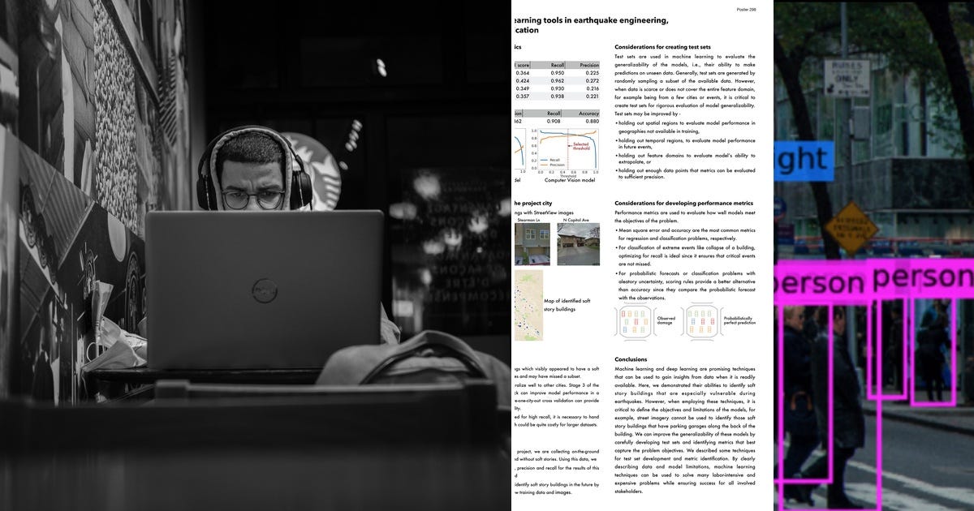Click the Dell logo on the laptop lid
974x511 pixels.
pyautogui.click(x=265, y=290)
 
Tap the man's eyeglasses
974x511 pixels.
pyautogui.click(x=252, y=199)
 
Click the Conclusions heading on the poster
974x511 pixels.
pyautogui.click(x=631, y=359)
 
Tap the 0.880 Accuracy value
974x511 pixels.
pyautogui.click(x=588, y=122)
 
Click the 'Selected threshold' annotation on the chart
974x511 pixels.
pyautogui.click(x=581, y=146)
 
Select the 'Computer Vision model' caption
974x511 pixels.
pyautogui.click(x=570, y=180)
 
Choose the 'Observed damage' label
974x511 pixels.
pyautogui.click(x=665, y=321)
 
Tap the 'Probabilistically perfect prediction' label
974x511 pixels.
pyautogui.click(x=738, y=321)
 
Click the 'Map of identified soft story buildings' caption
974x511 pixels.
pyautogui.click(x=567, y=305)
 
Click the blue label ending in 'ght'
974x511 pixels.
pyautogui.click(x=803, y=161)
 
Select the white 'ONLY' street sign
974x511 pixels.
pyautogui.click(x=847, y=79)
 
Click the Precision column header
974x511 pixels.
pyautogui.click(x=588, y=65)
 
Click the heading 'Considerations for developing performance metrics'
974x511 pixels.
pyautogui.click(x=683, y=203)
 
